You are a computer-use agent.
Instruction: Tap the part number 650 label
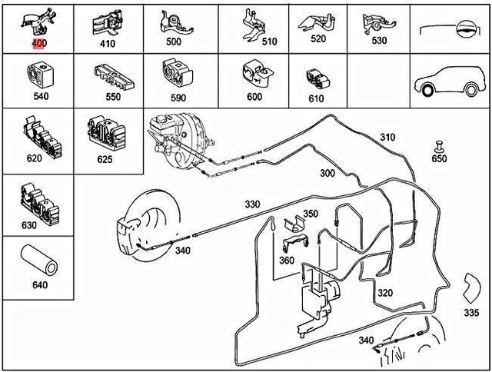pos(439,158)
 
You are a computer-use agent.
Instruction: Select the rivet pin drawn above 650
pos(439,147)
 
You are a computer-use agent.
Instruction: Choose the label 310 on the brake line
pos(387,138)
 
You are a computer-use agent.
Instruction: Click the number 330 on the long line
pos(252,204)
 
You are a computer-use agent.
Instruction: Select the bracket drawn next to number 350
pos(294,224)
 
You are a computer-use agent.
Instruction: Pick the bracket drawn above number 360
pos(295,242)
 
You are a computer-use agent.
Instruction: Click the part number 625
pos(105,159)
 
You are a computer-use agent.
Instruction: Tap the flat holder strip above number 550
pos(114,78)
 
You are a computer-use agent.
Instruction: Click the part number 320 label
pos(385,293)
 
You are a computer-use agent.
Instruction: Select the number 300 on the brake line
pos(327,173)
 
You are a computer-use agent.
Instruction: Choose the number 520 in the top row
pos(318,38)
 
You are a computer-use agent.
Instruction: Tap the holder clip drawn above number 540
pos(40,75)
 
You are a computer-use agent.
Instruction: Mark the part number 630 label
pos(29,225)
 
